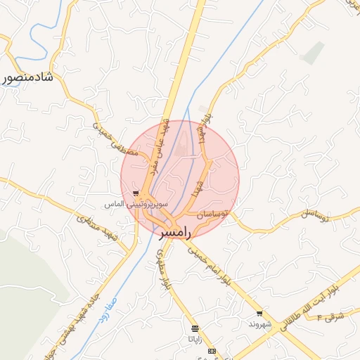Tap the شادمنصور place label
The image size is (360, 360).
[29, 77]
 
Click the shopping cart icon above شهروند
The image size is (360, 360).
[259, 314]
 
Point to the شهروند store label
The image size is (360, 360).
[259, 324]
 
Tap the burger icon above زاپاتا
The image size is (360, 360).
[195, 328]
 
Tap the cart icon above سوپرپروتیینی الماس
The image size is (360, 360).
[135, 193]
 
